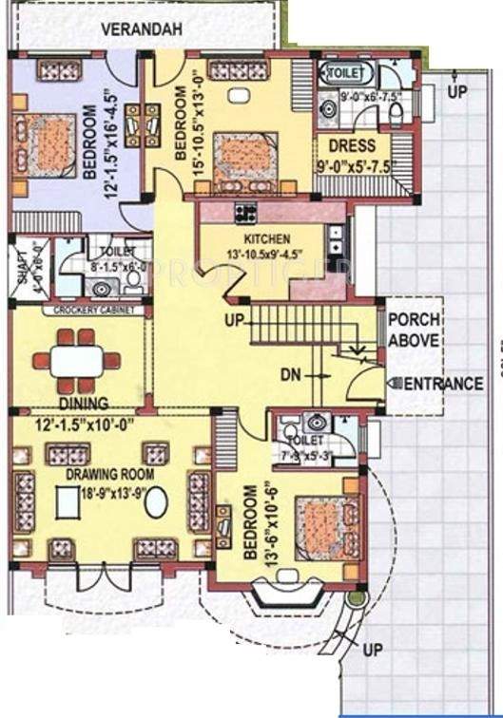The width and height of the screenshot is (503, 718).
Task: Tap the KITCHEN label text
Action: [267, 238]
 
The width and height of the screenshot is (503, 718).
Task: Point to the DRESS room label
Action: [352, 146]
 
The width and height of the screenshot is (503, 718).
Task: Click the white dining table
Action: [77, 361]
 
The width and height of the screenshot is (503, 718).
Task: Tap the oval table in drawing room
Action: [155, 501]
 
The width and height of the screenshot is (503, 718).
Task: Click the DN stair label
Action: [290, 375]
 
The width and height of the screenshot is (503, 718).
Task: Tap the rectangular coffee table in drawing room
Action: [67, 501]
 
